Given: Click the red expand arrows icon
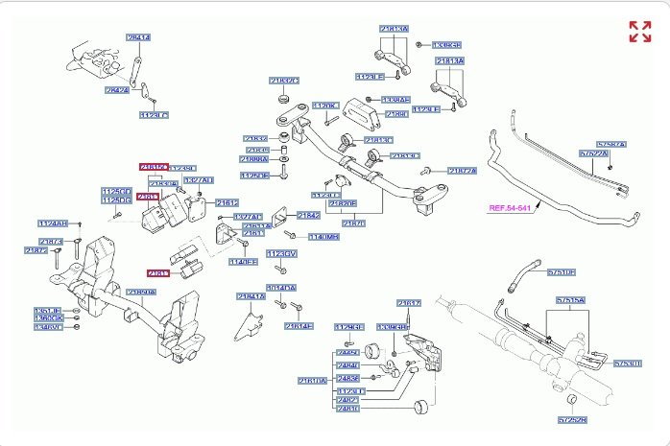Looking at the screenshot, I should pyautogui.click(x=639, y=32).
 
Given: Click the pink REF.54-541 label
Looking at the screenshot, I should pyautogui.click(x=510, y=207).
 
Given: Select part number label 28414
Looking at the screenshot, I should pyautogui.click(x=139, y=37).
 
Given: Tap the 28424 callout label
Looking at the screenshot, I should pyautogui.click(x=116, y=90).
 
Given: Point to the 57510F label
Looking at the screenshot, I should pyautogui.click(x=561, y=272).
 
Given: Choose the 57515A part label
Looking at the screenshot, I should pyautogui.click(x=569, y=300).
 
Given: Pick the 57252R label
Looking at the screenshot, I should pyautogui.click(x=571, y=420).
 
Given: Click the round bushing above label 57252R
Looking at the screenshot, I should pyautogui.click(x=567, y=399).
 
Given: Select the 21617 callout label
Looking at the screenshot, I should pyautogui.click(x=409, y=303).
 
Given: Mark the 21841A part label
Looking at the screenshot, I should pyautogui.click(x=251, y=296).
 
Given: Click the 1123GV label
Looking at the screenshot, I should pyautogui.click(x=281, y=253).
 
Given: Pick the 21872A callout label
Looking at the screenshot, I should pyautogui.click(x=463, y=170).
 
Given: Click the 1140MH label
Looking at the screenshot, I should pyautogui.click(x=323, y=236).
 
